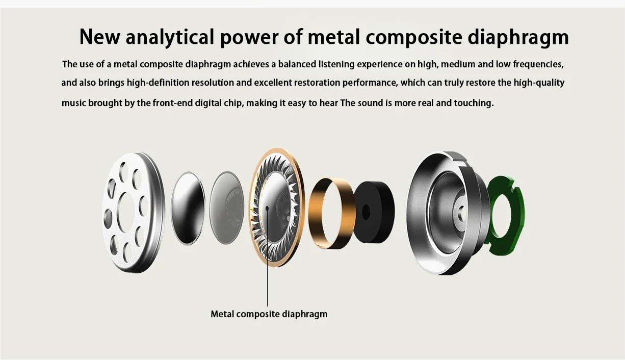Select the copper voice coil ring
point(331,213)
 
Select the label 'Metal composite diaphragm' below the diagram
point(269,314)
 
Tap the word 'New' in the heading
point(100,37)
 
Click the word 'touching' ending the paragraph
point(474,103)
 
